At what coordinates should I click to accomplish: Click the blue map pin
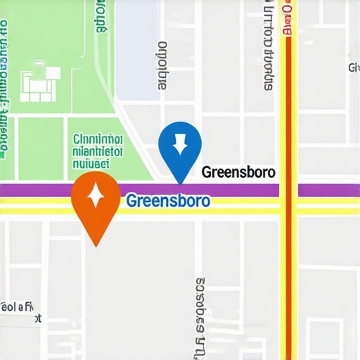180,148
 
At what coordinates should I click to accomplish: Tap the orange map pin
96,204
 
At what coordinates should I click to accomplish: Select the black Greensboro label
238,172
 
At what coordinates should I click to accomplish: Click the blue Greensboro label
168,201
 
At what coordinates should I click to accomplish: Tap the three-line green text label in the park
98,150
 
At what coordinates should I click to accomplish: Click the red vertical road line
288,281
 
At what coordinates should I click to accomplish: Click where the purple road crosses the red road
288,190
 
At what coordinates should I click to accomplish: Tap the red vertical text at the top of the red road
288,18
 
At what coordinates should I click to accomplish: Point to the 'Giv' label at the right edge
354,67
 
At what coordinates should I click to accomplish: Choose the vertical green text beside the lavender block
103,18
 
